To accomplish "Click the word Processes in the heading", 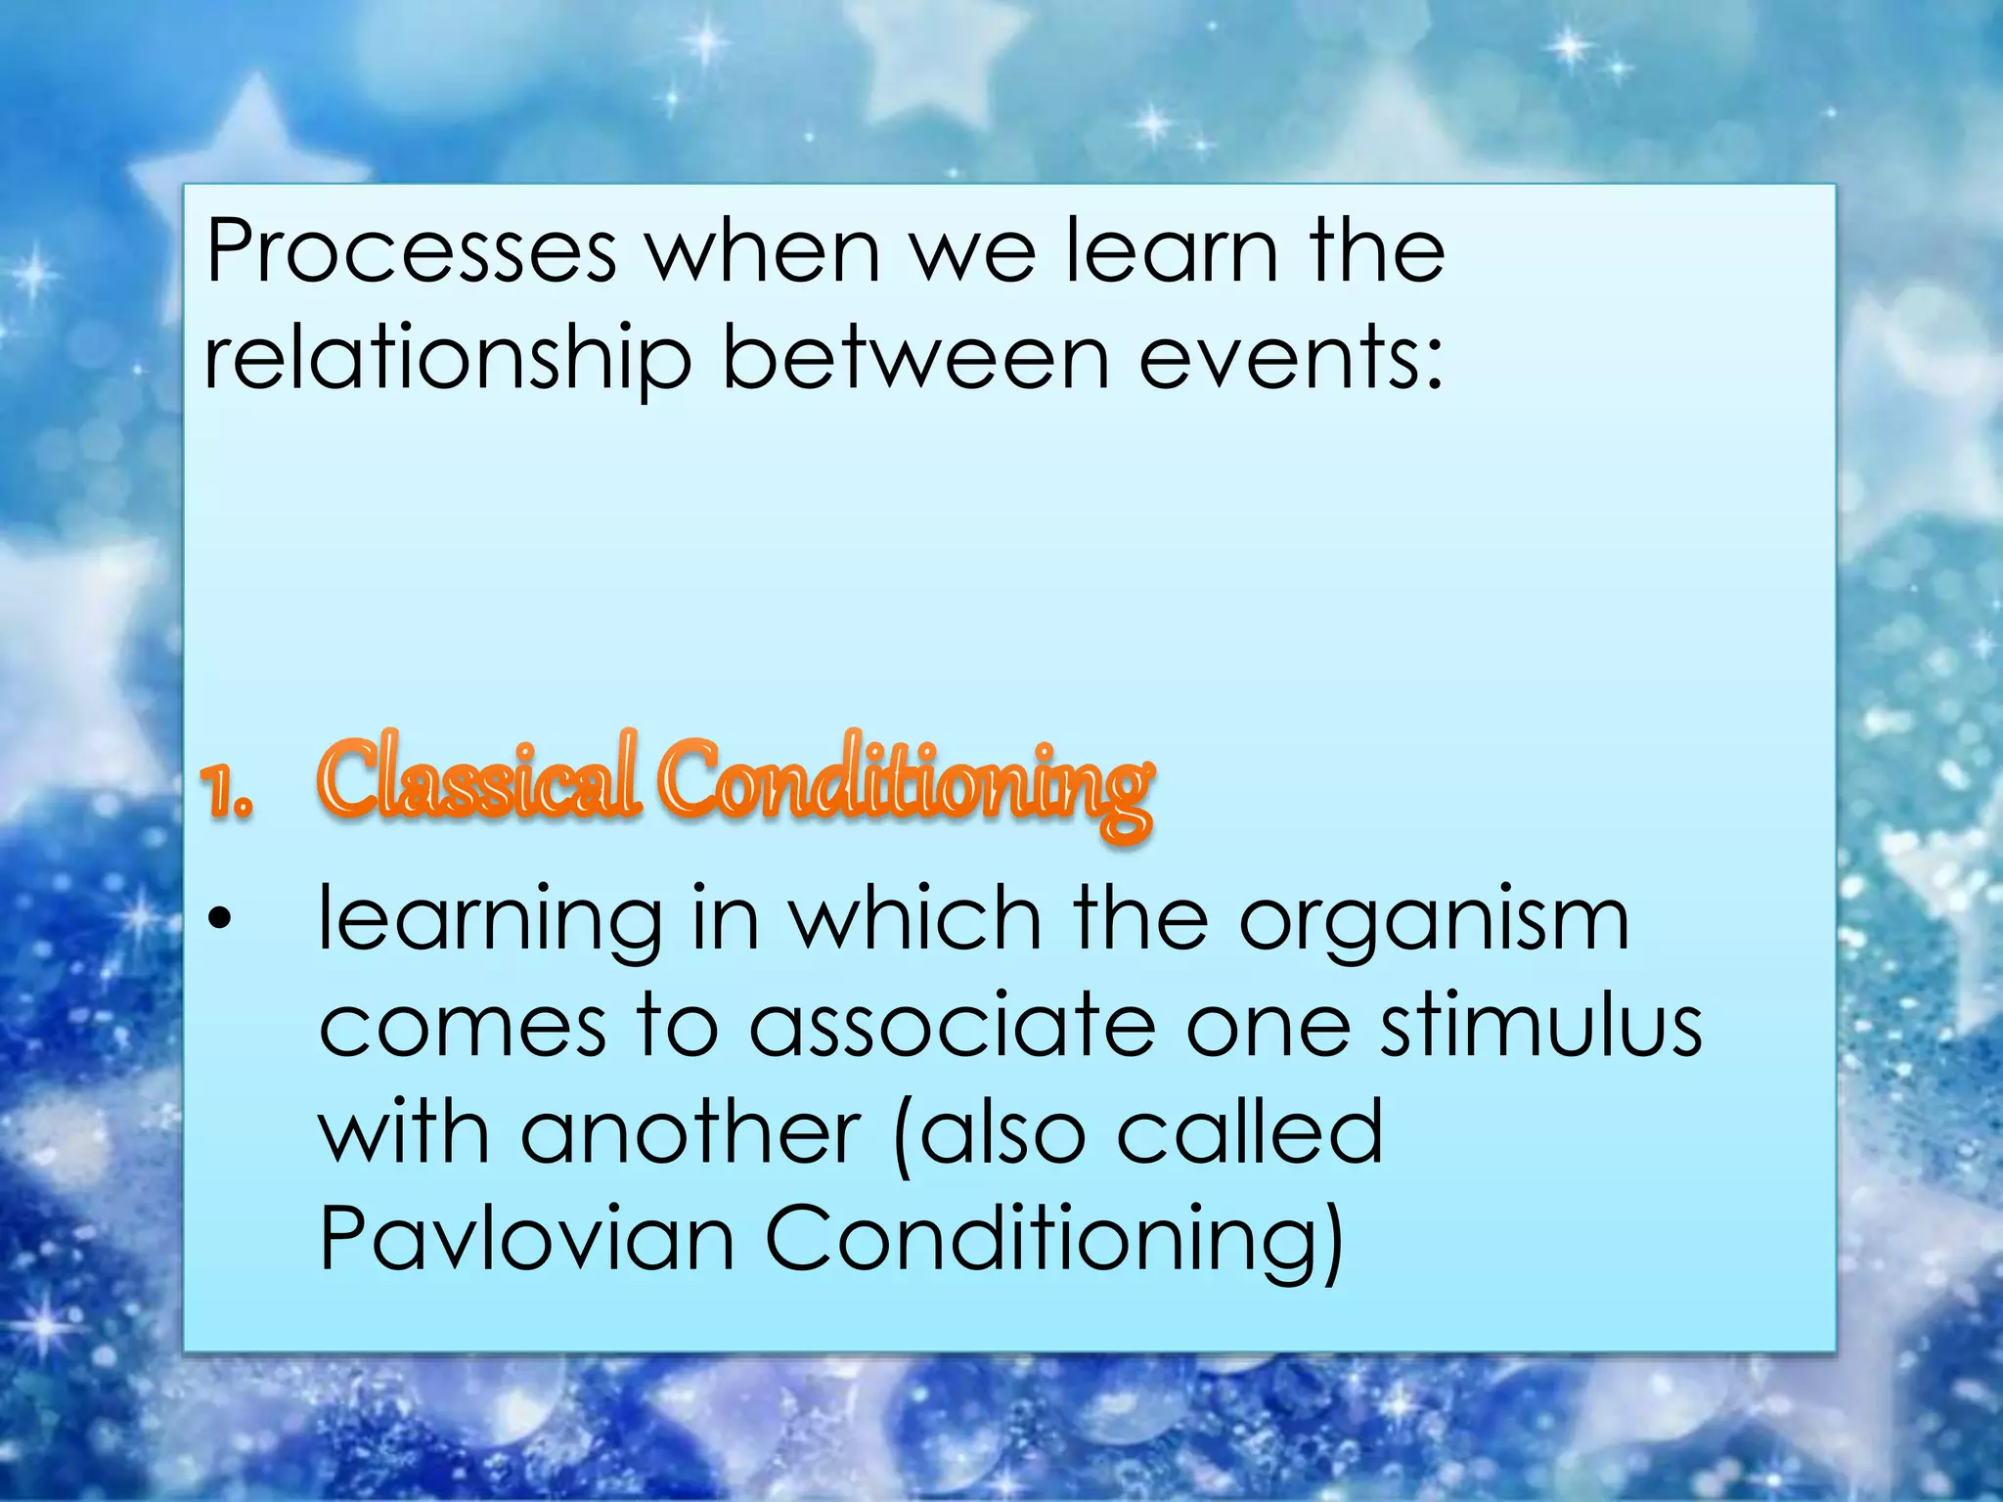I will point(411,252).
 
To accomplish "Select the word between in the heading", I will point(915,358).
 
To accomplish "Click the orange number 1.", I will point(227,792).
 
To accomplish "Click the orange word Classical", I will point(479,778).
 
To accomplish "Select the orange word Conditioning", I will point(905,782).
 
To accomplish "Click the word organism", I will point(1434,921).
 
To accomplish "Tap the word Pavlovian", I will point(526,1240).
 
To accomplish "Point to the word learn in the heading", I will point(1171,252).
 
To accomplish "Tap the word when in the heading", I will point(764,252).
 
